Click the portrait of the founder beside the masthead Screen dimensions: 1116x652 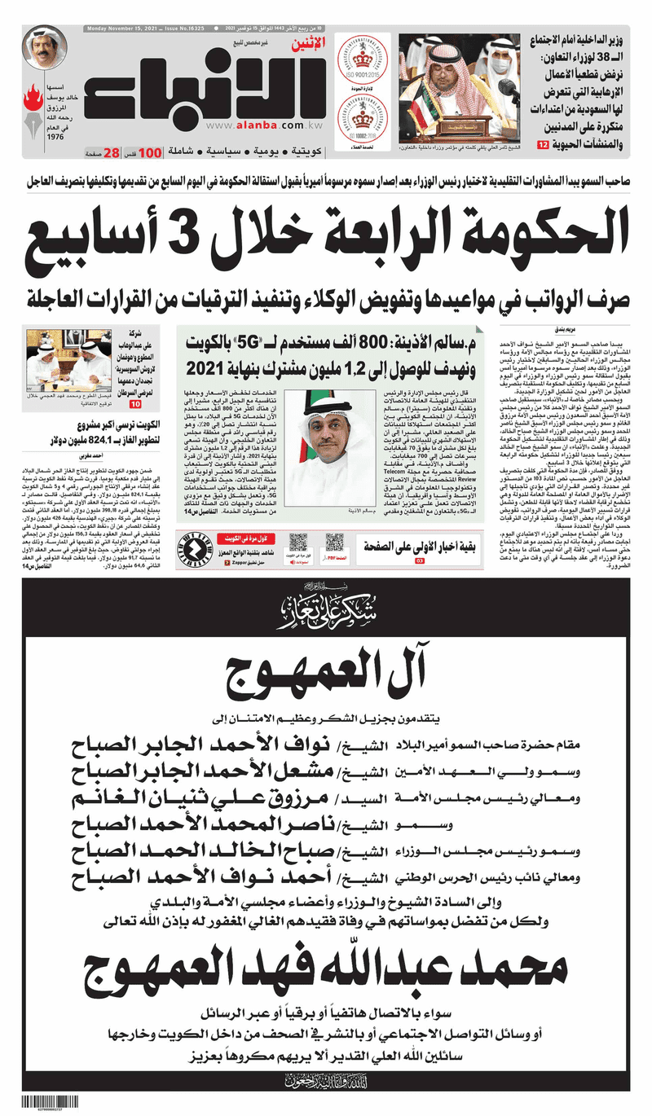pyautogui.click(x=44, y=48)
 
